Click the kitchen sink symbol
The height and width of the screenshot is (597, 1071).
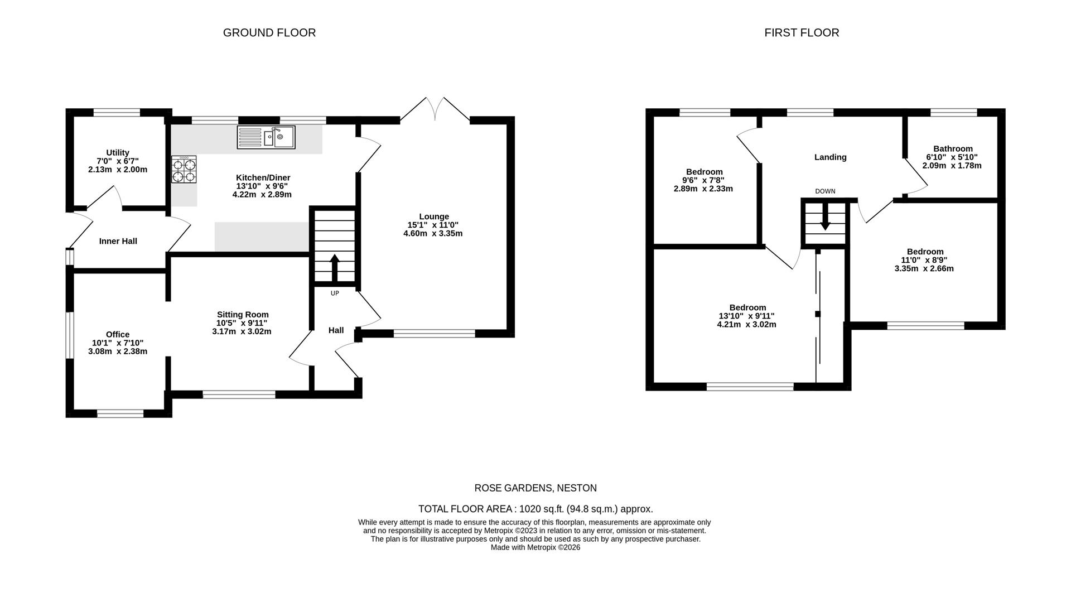pyautogui.click(x=266, y=137)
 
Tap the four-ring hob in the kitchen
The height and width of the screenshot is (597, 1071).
pyautogui.click(x=184, y=169)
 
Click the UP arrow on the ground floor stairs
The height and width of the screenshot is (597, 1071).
pyautogui.click(x=335, y=268)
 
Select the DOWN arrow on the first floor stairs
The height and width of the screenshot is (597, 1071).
pyautogui.click(x=825, y=217)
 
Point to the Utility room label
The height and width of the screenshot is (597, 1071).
pyautogui.click(x=118, y=152)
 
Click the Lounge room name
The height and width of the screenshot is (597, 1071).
pyautogui.click(x=434, y=216)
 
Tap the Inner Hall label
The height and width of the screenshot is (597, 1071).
pyautogui.click(x=118, y=241)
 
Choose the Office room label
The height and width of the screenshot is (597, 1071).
pyautogui.click(x=118, y=334)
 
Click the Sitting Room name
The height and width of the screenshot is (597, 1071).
pyautogui.click(x=243, y=315)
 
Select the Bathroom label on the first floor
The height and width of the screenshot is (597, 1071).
pyautogui.click(x=953, y=148)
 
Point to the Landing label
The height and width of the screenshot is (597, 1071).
pyautogui.click(x=831, y=157)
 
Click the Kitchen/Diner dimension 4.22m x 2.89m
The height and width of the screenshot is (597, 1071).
pyautogui.click(x=262, y=195)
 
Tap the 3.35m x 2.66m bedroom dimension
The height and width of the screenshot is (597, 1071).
pyautogui.click(x=924, y=268)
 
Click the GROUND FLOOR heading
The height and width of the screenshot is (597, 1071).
pyautogui.click(x=269, y=33)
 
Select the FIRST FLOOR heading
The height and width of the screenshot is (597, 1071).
pyautogui.click(x=802, y=33)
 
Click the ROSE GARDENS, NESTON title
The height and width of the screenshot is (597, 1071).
pyautogui.click(x=535, y=488)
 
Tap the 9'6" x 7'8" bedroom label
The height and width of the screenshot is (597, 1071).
pyautogui.click(x=703, y=180)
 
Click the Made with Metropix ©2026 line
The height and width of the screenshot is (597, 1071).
pyautogui.click(x=535, y=547)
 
